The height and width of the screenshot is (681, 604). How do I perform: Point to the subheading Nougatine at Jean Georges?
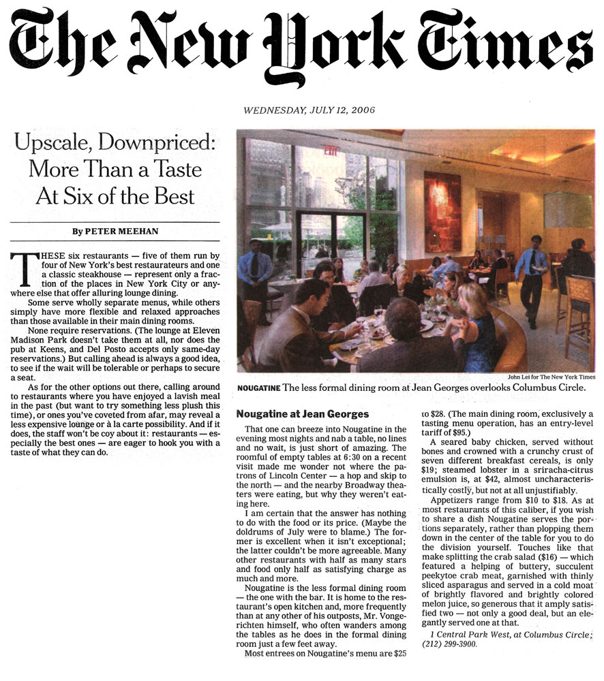click(301, 413)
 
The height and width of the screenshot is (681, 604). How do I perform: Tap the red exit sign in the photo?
click(331, 151)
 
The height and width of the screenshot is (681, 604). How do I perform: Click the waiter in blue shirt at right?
click(530, 276)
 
